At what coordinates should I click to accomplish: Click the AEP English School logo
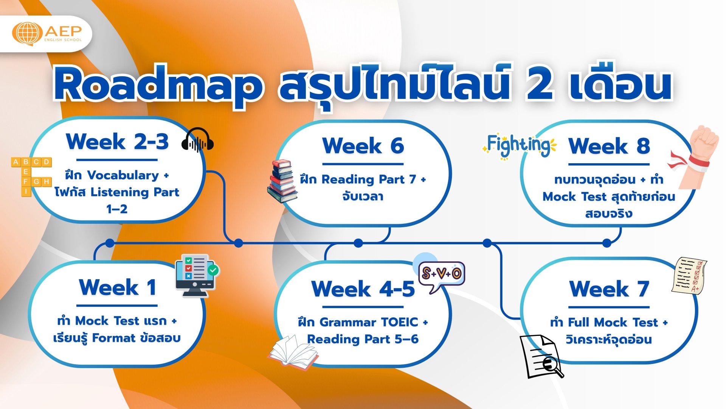(x=47, y=33)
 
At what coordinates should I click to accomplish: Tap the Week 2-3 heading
(x=117, y=142)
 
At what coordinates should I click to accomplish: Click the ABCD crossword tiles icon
(x=31, y=176)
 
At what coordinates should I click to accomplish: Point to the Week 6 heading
(x=363, y=146)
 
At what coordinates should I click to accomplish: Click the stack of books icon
(x=282, y=181)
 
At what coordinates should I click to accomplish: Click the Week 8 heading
(x=609, y=146)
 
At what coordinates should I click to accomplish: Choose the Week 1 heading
(x=117, y=287)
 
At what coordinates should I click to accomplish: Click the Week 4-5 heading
(x=363, y=289)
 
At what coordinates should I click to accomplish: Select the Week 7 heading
(x=609, y=289)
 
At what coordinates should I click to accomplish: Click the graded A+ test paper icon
(x=689, y=276)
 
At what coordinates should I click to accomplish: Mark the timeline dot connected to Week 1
(x=110, y=243)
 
